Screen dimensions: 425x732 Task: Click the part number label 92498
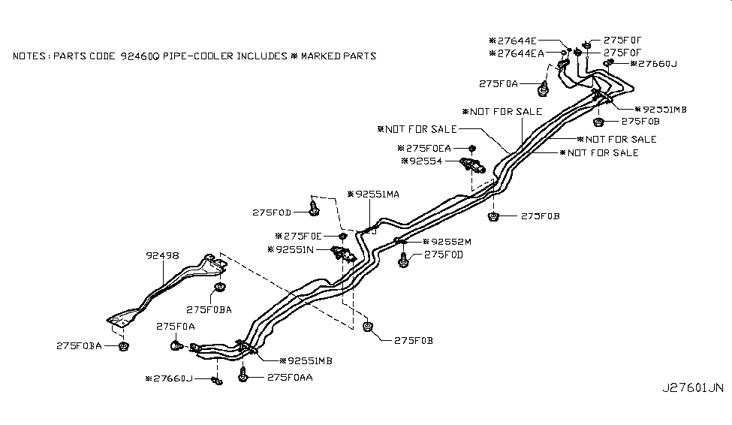[162, 255]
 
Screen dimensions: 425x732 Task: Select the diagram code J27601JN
[692, 388]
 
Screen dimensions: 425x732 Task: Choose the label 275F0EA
[428, 148]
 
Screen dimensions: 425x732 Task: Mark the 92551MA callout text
[376, 194]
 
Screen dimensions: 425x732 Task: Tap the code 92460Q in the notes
[142, 56]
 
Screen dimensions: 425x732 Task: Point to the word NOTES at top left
[29, 56]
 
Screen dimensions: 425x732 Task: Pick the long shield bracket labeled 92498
[165, 289]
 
